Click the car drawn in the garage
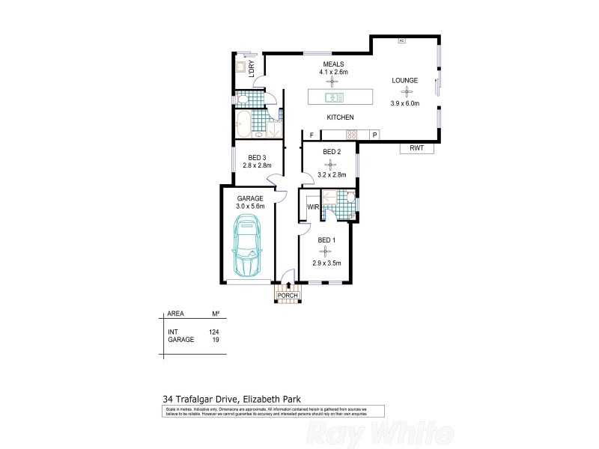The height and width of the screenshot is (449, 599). [x=247, y=245]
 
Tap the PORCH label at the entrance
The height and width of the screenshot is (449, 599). [x=288, y=296]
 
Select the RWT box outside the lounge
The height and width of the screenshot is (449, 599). [x=417, y=148]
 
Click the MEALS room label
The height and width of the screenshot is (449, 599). [x=333, y=64]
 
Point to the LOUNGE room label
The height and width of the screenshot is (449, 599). [x=405, y=80]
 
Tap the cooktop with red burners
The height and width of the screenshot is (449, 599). [x=350, y=135]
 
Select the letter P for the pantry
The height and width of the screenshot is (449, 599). [x=374, y=135]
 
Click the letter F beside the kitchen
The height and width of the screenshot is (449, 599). [x=310, y=135]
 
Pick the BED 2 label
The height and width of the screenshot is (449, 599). [x=332, y=152]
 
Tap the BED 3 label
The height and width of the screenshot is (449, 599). [x=258, y=156]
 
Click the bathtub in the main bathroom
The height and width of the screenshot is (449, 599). [x=244, y=123]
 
